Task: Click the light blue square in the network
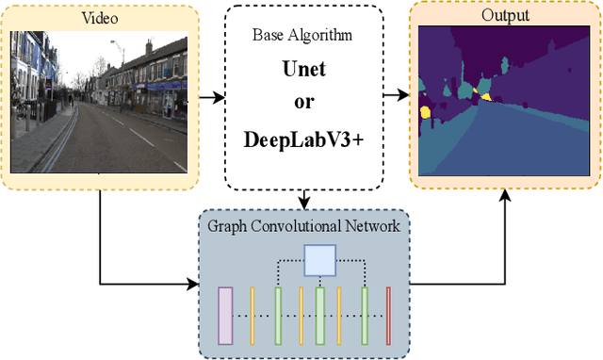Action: (319, 258)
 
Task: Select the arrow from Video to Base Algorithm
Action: (207, 96)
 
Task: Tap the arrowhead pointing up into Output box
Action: (505, 194)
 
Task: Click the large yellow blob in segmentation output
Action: (425, 113)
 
